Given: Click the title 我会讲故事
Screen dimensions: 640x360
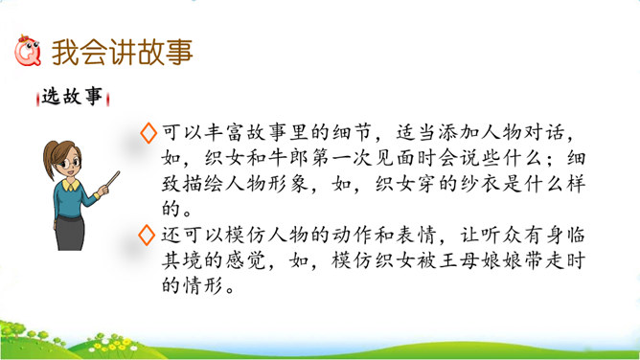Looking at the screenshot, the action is point(122,53).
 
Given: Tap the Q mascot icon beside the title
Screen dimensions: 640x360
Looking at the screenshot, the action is point(28,51).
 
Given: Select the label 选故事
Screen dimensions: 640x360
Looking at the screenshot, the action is point(72,97).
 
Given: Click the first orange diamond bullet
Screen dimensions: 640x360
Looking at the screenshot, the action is point(149,133).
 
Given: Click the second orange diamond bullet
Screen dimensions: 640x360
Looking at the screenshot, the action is point(147,236).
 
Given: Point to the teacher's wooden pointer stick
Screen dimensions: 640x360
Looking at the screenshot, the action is point(113,180).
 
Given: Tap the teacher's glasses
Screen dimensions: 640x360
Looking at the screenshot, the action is point(70,164).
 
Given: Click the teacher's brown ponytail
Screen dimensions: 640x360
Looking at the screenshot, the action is point(50,160).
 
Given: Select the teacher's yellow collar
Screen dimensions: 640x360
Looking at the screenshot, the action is point(71,186).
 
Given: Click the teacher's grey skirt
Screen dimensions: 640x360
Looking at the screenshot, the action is point(70,233).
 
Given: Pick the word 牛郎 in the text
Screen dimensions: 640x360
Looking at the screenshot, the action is point(287,158).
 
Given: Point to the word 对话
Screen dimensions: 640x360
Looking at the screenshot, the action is point(544,132).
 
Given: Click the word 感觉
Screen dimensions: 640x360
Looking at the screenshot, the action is point(246,260).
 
